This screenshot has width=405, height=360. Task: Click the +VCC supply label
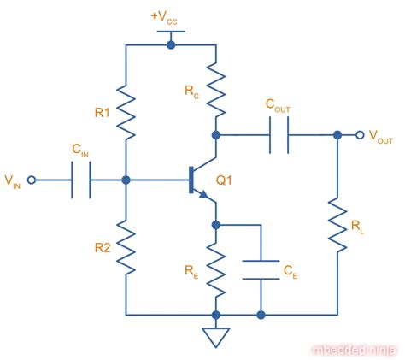pos(171,15)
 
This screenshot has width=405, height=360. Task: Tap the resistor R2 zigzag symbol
pos(126,246)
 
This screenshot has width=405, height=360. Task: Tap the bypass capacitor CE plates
pos(261,270)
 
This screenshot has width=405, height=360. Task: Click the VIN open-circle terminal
pos(32,180)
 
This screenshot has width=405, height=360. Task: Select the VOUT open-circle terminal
pos(361,135)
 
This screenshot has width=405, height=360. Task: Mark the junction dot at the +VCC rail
pos(171,44)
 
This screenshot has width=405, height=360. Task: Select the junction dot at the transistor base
pos(126,180)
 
